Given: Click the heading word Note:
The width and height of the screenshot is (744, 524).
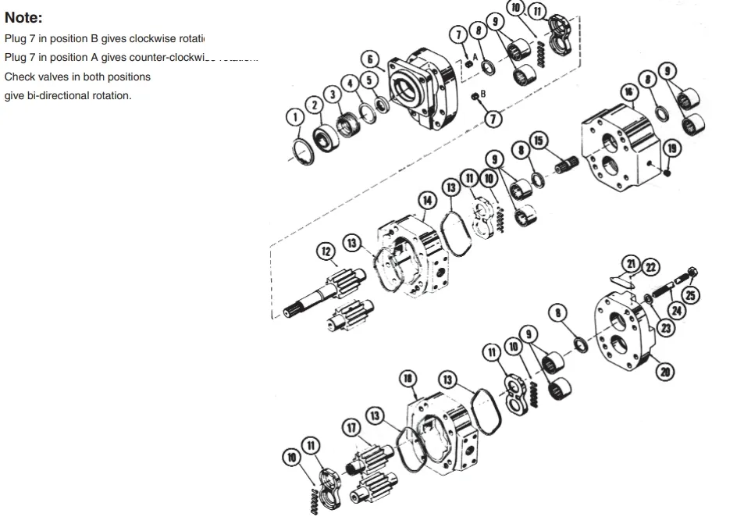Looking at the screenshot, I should [24, 17].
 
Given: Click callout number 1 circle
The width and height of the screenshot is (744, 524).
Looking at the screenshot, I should [294, 117].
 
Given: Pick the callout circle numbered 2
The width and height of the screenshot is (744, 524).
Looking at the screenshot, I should [314, 105].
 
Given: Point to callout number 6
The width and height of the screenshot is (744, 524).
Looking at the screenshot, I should [371, 59].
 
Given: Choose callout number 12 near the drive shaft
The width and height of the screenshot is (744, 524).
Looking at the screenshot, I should [326, 251].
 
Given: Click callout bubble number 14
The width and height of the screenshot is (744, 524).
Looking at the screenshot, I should [427, 200].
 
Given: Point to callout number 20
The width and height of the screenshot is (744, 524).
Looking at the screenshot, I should [665, 372].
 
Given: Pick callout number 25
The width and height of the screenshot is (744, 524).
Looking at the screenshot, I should [691, 294].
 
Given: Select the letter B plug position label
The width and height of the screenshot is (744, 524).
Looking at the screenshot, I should [482, 94].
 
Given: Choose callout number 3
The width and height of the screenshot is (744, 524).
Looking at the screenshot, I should [333, 94].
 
